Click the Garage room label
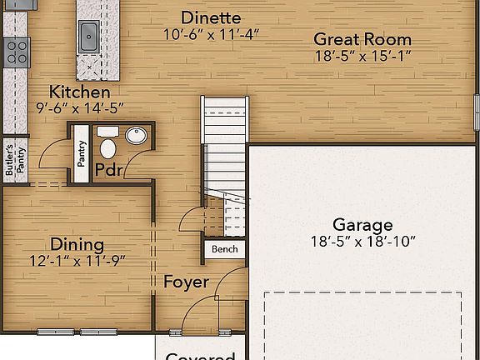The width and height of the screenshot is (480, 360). click(362, 224)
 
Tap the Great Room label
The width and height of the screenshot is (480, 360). click(362, 39)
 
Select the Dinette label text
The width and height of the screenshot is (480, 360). click(211, 17)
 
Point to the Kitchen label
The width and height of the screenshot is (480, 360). click(79, 92)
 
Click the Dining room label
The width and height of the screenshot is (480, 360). click(77, 244)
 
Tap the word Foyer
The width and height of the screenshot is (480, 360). click(186, 282)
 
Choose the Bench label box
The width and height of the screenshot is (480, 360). click(224, 249)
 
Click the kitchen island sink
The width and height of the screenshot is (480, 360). click(89, 35)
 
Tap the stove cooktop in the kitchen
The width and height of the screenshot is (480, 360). click(16, 52)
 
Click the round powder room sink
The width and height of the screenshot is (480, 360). click(137, 136)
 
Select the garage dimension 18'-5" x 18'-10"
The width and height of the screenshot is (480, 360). click(362, 241)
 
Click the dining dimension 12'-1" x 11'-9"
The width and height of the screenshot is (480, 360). click(77, 260)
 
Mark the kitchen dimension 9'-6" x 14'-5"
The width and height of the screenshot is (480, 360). click(79, 107)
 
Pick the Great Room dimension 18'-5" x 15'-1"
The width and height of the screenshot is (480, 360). click(362, 56)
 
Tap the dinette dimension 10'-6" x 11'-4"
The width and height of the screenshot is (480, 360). click(211, 34)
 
